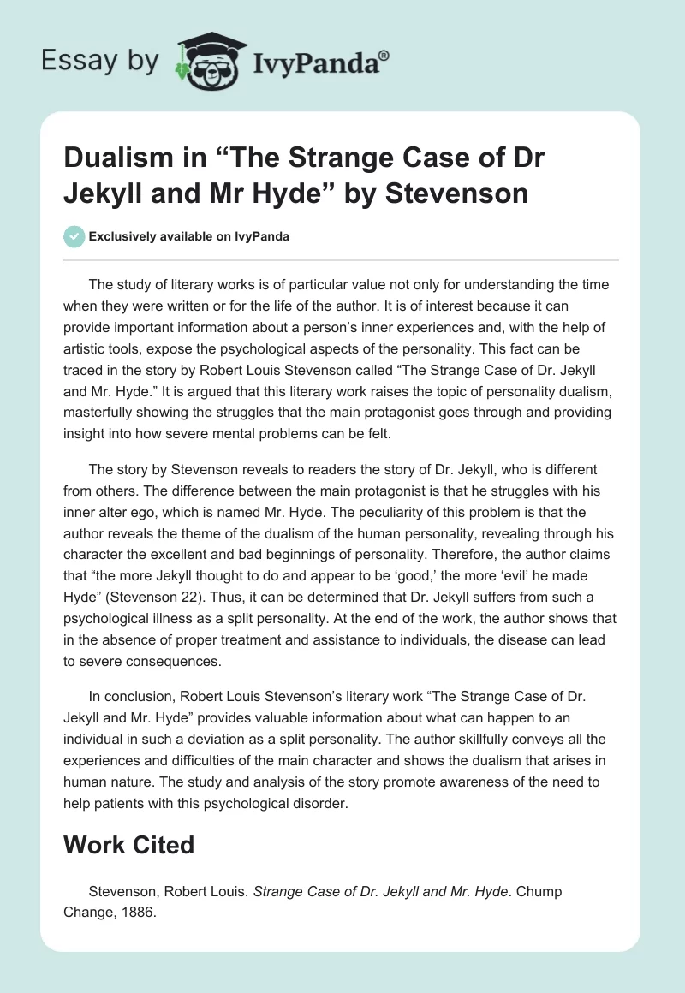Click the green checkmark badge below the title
pos(74,236)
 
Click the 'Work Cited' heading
pos(129,845)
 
